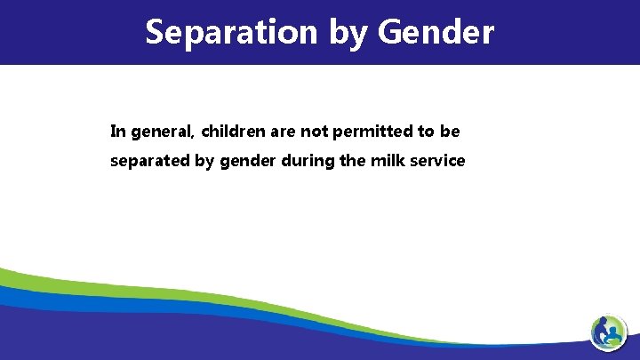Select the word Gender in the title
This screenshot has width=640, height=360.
tap(436, 32)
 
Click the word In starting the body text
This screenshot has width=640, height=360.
tap(117, 132)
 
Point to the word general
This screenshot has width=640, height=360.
tap(161, 132)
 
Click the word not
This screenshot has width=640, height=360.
tap(315, 132)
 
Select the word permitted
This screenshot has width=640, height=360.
tap(371, 132)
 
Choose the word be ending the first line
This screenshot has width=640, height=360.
tap(450, 132)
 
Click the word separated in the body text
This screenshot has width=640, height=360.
tap(147, 162)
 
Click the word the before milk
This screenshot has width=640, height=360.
tap(350, 162)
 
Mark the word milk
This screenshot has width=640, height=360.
tap(385, 162)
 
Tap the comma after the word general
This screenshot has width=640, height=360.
tap(193, 137)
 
